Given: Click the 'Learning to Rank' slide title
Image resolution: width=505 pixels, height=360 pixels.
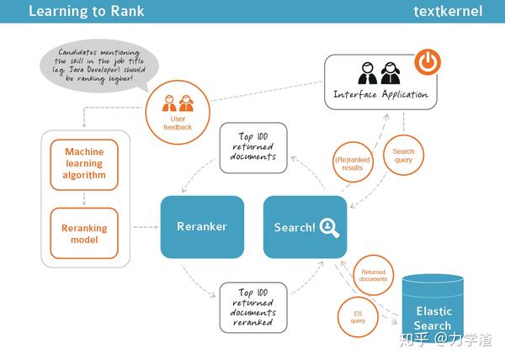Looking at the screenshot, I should (x=86, y=12).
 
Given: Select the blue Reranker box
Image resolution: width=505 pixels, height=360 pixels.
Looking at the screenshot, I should (x=202, y=226).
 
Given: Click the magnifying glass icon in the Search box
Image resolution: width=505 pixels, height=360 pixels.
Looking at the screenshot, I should (x=329, y=227).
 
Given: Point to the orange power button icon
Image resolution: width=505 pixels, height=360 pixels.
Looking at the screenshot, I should (x=428, y=62).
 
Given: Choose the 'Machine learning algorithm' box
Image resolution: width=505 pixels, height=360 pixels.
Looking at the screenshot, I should (x=85, y=164).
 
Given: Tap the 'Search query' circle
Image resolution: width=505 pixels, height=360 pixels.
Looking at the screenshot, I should (x=404, y=157).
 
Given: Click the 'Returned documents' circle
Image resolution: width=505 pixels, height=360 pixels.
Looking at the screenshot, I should (x=374, y=275).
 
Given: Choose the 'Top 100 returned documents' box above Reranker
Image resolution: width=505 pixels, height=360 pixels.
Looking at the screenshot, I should (x=253, y=148).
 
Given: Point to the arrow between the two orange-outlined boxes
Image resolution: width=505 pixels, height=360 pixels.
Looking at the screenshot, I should (x=85, y=199).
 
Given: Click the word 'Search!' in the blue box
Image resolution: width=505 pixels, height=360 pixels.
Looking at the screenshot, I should (x=295, y=228).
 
